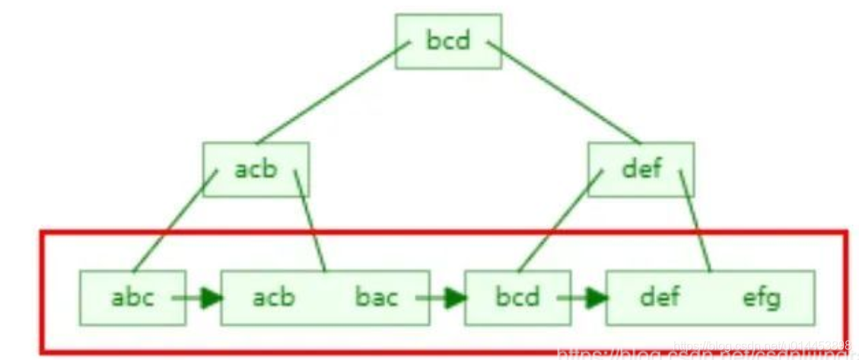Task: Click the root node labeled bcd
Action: pos(448,40)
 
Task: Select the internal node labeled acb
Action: pos(256,169)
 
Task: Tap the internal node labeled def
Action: pos(641,169)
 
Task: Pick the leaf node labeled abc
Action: pos(132,296)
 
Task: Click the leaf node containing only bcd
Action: pos(517,296)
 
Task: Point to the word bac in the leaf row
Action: pos(377,296)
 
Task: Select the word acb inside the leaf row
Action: pos(274,296)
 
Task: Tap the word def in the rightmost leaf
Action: pos(660,296)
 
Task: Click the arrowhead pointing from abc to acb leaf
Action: pos(211,297)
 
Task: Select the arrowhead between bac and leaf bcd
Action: pos(455,297)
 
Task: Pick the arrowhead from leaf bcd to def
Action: pos(597,297)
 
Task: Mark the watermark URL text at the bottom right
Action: pos(708,352)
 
